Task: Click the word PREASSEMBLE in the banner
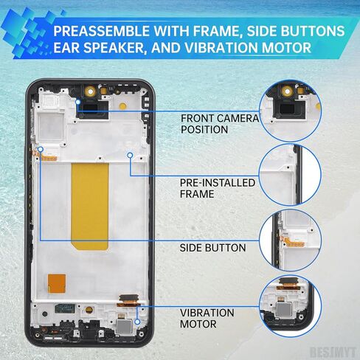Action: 101,31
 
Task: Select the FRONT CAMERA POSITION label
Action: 220,124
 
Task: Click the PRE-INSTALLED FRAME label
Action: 218,188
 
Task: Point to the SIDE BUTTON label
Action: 212,248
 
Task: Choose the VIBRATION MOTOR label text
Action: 207,319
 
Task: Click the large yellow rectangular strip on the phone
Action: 90,207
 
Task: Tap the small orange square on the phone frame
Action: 57,284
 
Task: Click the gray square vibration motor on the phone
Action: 125,327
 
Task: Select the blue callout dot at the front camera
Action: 78,102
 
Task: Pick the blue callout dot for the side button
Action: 41,149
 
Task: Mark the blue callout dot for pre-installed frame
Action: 130,155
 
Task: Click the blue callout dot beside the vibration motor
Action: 138,322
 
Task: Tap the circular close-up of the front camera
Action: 291,110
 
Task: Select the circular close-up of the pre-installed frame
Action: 291,175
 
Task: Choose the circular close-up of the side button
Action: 291,240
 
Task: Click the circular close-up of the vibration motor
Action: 291,306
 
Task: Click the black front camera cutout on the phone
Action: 93,110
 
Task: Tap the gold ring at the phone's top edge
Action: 91,91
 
